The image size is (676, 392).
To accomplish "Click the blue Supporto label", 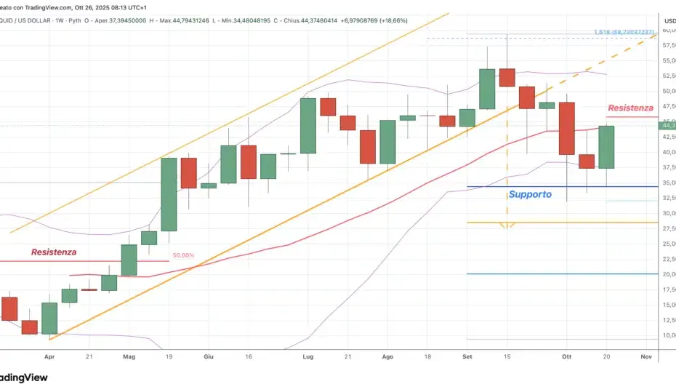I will pyautogui.click(x=530, y=194).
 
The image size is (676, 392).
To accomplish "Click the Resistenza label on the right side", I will pyautogui.click(x=630, y=108).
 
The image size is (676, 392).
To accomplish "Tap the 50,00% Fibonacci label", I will pyautogui.click(x=183, y=255).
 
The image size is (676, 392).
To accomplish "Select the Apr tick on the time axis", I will pyautogui.click(x=49, y=357).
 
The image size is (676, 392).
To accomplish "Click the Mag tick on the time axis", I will pyautogui.click(x=129, y=357).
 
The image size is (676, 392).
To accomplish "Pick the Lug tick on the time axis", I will pyautogui.click(x=308, y=357).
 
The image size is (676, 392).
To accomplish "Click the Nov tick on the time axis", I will pyautogui.click(x=645, y=357).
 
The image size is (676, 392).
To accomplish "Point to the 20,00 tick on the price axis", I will pyautogui.click(x=667, y=274).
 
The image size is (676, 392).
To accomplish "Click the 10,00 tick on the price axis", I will pyautogui.click(x=667, y=335).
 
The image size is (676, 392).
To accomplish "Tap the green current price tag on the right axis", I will pyautogui.click(x=667, y=125).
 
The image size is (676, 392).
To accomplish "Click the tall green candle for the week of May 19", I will pyautogui.click(x=169, y=194).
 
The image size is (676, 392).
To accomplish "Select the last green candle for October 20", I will pyautogui.click(x=606, y=147).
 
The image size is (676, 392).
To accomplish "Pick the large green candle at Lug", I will pyautogui.click(x=308, y=125).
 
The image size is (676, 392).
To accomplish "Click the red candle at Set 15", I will pyautogui.click(x=507, y=78).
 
